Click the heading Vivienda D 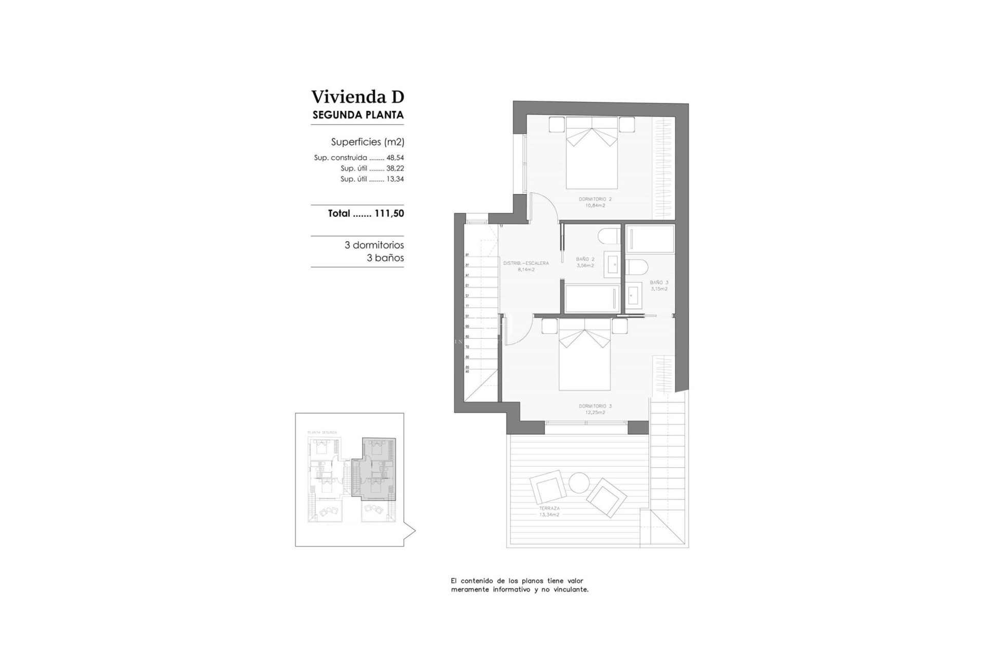[357, 96]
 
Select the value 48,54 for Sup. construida [395, 158]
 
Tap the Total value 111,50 [389, 214]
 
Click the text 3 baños [385, 258]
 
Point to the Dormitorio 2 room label [595, 202]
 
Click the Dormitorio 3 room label [595, 409]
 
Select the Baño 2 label [585, 262]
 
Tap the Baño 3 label [659, 285]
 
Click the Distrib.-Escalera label [526, 266]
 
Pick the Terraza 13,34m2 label [549, 511]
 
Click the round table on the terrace [579, 482]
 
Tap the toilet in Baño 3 [637, 267]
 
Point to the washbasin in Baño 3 [633, 296]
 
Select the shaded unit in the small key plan [378, 470]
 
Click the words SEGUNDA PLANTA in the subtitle [358, 115]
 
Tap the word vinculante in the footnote [570, 590]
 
